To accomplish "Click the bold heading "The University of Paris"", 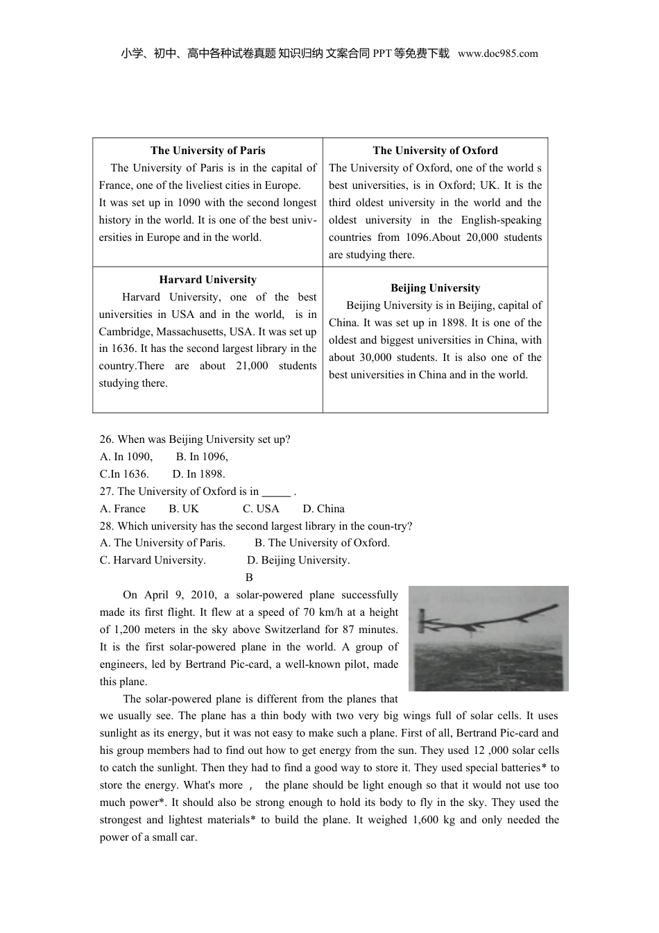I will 207,151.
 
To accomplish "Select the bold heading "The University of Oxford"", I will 435,151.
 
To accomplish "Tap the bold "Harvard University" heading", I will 207,280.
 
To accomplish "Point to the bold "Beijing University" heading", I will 435,288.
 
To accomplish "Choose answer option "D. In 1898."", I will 198,474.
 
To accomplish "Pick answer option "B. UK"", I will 184,509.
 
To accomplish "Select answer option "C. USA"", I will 261,509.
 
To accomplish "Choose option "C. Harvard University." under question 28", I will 153,560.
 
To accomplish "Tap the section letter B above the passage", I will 249,578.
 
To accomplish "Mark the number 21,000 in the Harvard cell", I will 251,366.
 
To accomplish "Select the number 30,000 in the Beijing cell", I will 375,358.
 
